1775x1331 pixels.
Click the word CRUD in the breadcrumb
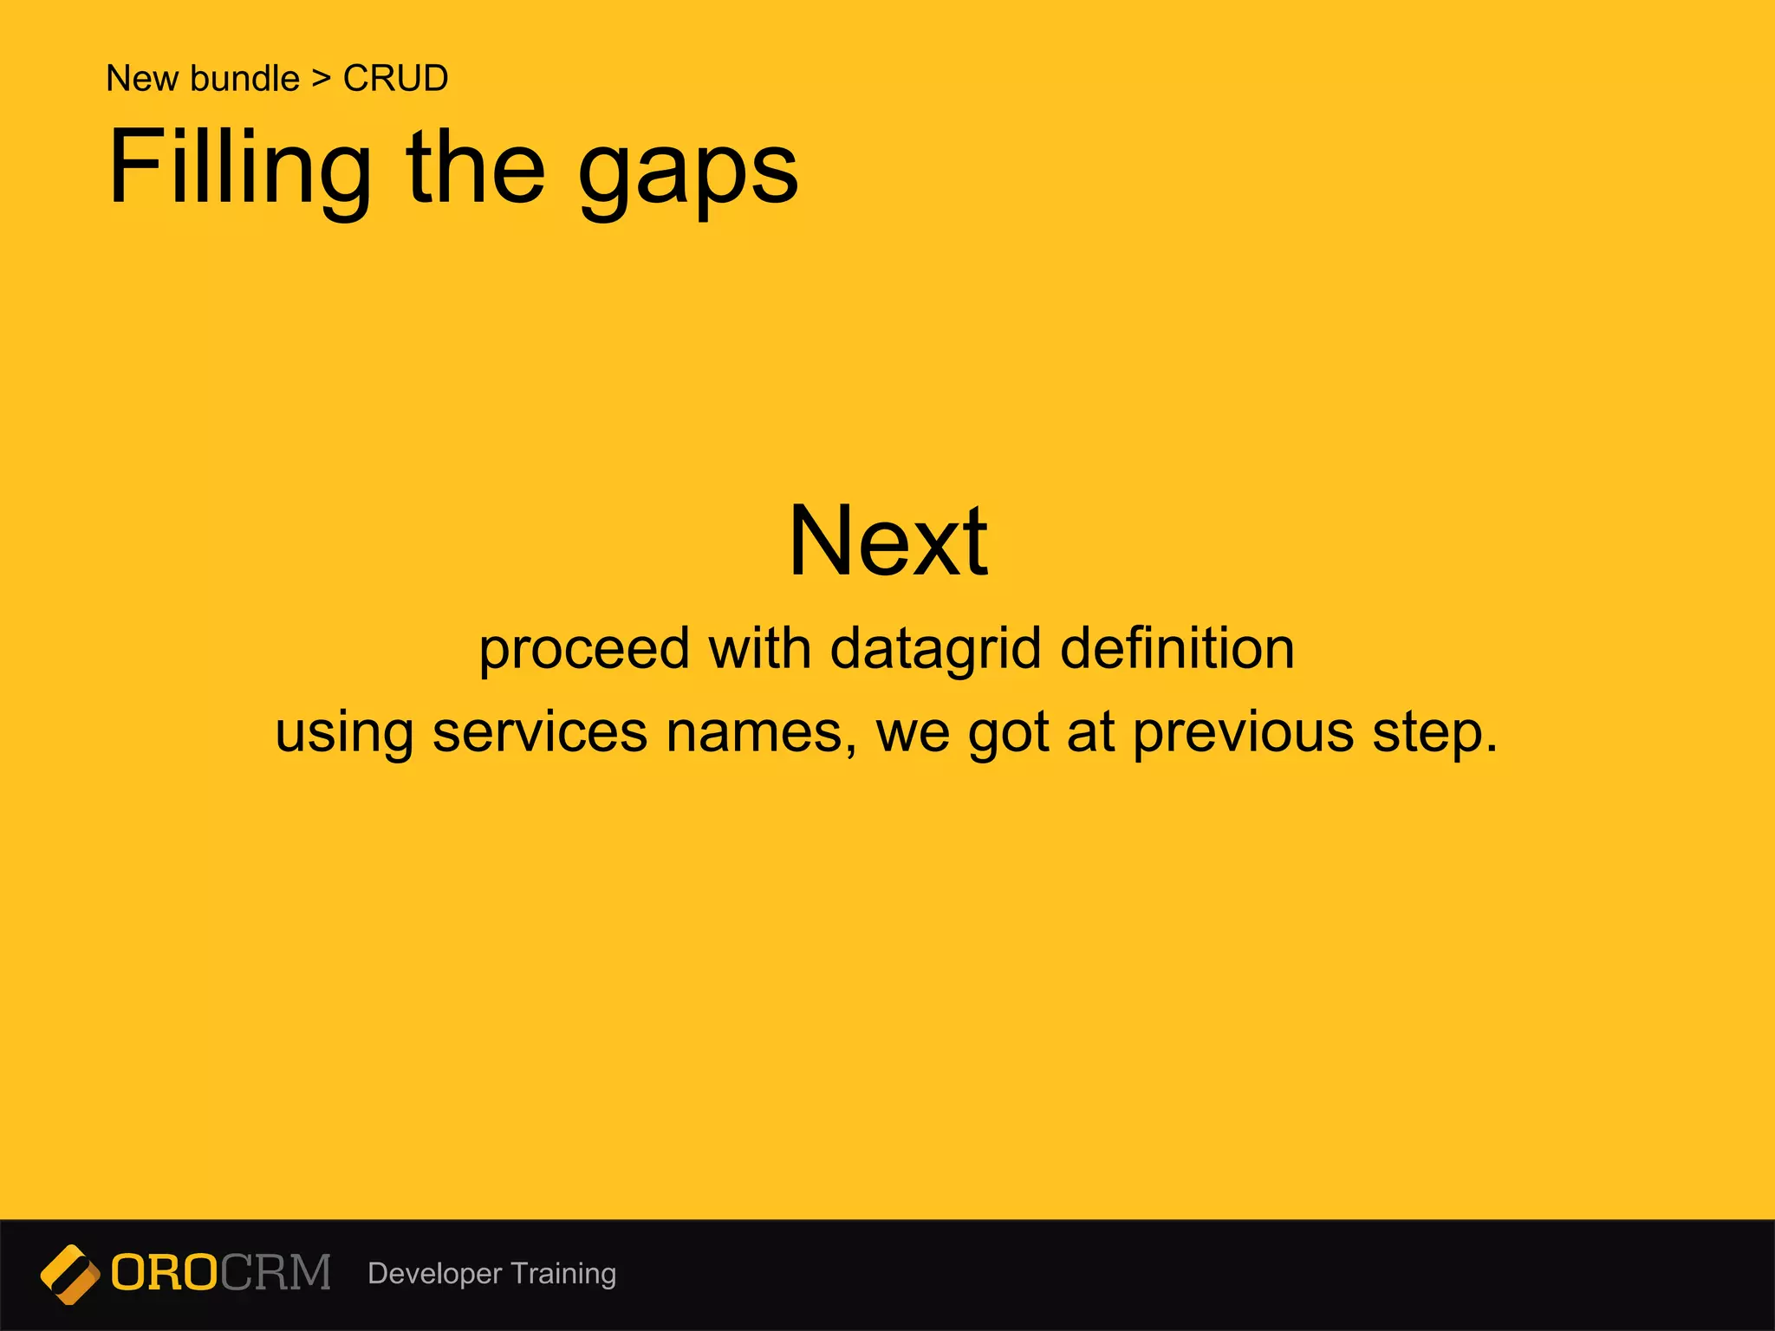click(x=395, y=79)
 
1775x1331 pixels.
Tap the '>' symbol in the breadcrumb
click(x=322, y=79)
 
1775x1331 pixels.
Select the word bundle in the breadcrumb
click(x=244, y=79)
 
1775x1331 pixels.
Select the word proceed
click(x=584, y=650)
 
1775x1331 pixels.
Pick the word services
click(x=539, y=732)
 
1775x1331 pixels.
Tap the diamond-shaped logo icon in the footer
click(x=70, y=1274)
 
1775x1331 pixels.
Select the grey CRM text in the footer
click(x=276, y=1273)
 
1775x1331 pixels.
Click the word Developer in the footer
click(x=434, y=1274)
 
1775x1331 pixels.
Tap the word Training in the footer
click(x=563, y=1274)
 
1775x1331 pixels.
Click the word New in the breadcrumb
click(x=142, y=79)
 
